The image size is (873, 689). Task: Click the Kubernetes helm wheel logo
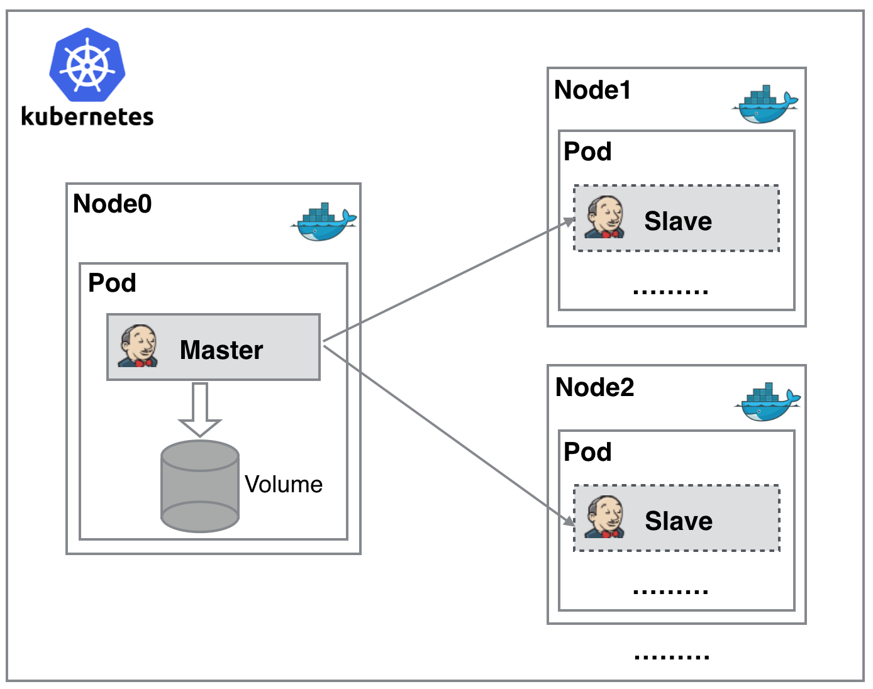click(87, 65)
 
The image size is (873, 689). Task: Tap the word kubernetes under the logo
click(87, 117)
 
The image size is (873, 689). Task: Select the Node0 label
click(113, 204)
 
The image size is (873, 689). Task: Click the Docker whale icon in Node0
click(324, 223)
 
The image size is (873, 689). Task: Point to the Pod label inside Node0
click(112, 283)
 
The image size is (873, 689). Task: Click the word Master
click(221, 350)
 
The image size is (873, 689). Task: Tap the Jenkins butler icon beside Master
click(138, 346)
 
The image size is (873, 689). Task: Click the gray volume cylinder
click(200, 487)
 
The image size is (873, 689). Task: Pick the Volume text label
click(284, 485)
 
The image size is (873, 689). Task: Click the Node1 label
click(592, 91)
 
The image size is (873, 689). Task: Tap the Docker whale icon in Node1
click(765, 104)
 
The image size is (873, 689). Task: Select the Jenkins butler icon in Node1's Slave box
click(604, 218)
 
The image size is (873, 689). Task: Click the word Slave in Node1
click(678, 221)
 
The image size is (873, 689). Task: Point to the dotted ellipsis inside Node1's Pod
click(670, 292)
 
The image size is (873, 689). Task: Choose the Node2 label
click(595, 388)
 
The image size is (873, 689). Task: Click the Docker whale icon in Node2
click(767, 402)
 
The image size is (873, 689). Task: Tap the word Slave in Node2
click(679, 521)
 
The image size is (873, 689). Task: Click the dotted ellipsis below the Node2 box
click(672, 657)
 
